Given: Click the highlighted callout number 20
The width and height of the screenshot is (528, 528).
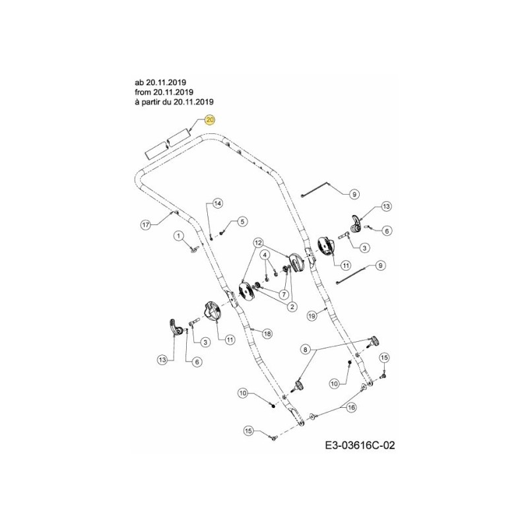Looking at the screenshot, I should pos(210,120).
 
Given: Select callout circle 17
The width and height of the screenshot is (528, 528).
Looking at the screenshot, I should pos(146,224).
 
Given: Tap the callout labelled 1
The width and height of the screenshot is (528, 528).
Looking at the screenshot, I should pos(178,235).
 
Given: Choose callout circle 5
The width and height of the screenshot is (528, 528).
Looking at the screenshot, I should pos(242,221).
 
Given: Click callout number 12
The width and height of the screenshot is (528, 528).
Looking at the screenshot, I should pos(259,243).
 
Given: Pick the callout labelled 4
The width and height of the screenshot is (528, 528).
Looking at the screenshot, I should pos(265,254).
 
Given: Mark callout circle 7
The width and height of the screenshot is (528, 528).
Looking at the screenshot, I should pos(284,294).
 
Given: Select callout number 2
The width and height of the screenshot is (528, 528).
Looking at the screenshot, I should pos(291,306).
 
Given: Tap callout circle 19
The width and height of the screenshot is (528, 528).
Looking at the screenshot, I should pos(312,316).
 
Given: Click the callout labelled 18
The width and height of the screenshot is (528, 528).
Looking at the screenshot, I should pos(267,333).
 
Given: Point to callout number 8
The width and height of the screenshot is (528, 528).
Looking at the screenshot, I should pos(305,348).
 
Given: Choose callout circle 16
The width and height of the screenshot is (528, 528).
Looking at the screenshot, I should pos(351,408).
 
